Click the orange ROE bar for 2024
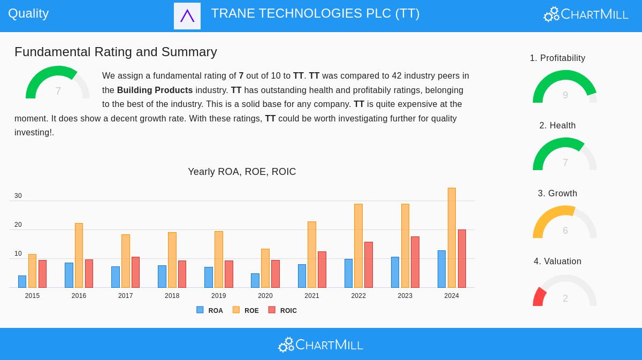pos(452,238)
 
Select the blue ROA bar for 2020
pos(255,281)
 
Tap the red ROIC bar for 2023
pos(415,262)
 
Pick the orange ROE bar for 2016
pos(79,256)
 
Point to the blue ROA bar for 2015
pos(22,282)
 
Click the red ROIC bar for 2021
pos(322,270)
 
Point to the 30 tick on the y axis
pos(18,196)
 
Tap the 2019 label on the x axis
pos(218,296)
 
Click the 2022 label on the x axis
pos(358,296)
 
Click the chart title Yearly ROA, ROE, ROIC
pos(242,172)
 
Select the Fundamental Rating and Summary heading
pos(116,52)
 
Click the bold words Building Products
pos(155,90)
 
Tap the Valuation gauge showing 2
pos(565,292)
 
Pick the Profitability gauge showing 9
pos(565,87)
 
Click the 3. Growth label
pos(557,194)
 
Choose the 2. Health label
pos(557,126)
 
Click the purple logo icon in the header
pos(187,16)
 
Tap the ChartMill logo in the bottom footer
pos(321,344)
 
